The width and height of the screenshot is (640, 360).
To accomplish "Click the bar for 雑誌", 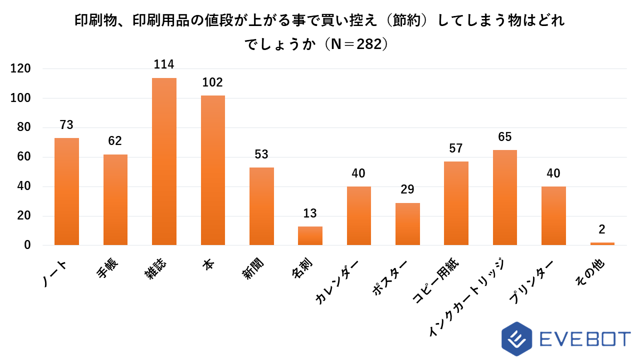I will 164,161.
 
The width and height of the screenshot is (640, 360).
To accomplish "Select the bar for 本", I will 213,170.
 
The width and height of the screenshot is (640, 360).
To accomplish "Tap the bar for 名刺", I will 310,235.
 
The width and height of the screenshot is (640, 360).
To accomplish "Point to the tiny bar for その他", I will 602,243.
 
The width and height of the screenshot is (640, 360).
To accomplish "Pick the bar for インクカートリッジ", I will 504,197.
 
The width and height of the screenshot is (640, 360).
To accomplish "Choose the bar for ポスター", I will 407,224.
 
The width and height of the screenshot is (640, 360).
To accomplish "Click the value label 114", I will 164,64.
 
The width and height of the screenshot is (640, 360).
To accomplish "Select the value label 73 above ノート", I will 66,124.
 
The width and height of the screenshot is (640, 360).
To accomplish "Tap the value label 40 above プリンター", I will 553,173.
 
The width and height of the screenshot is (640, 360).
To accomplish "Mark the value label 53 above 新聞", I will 261,154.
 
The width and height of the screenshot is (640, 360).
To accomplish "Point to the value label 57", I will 456,148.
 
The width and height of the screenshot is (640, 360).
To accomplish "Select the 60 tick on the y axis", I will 24,157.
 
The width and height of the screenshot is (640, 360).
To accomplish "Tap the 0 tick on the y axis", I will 27,245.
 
